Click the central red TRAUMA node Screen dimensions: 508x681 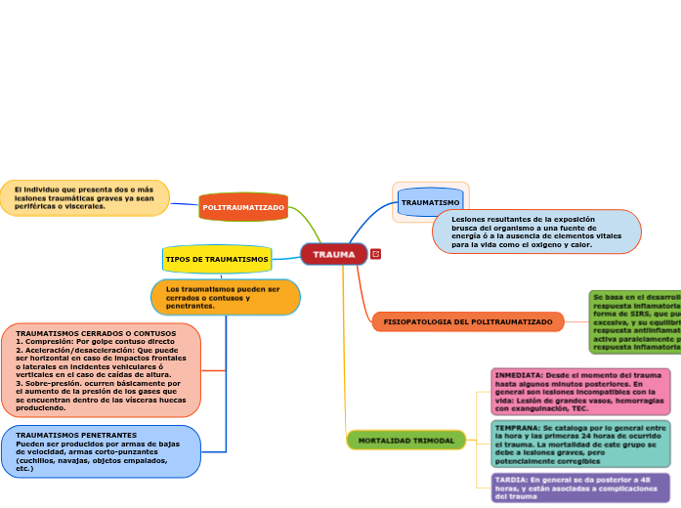[334, 254]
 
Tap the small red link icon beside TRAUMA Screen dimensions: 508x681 [376, 254]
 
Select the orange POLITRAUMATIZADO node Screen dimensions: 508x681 [243, 207]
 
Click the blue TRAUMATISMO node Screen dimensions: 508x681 [430, 202]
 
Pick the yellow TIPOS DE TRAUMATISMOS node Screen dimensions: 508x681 [217, 259]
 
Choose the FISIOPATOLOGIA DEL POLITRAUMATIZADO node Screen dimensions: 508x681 [468, 321]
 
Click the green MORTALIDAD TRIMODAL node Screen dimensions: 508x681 [405, 441]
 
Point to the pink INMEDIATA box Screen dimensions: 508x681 [580, 391]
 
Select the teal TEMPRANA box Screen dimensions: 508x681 [580, 444]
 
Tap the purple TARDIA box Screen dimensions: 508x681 [580, 487]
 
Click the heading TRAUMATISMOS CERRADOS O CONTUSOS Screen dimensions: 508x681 [96, 333]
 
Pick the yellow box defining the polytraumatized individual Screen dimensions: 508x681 [84, 197]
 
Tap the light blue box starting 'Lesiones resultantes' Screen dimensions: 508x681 [536, 232]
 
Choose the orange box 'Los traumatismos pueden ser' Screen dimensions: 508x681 [226, 297]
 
